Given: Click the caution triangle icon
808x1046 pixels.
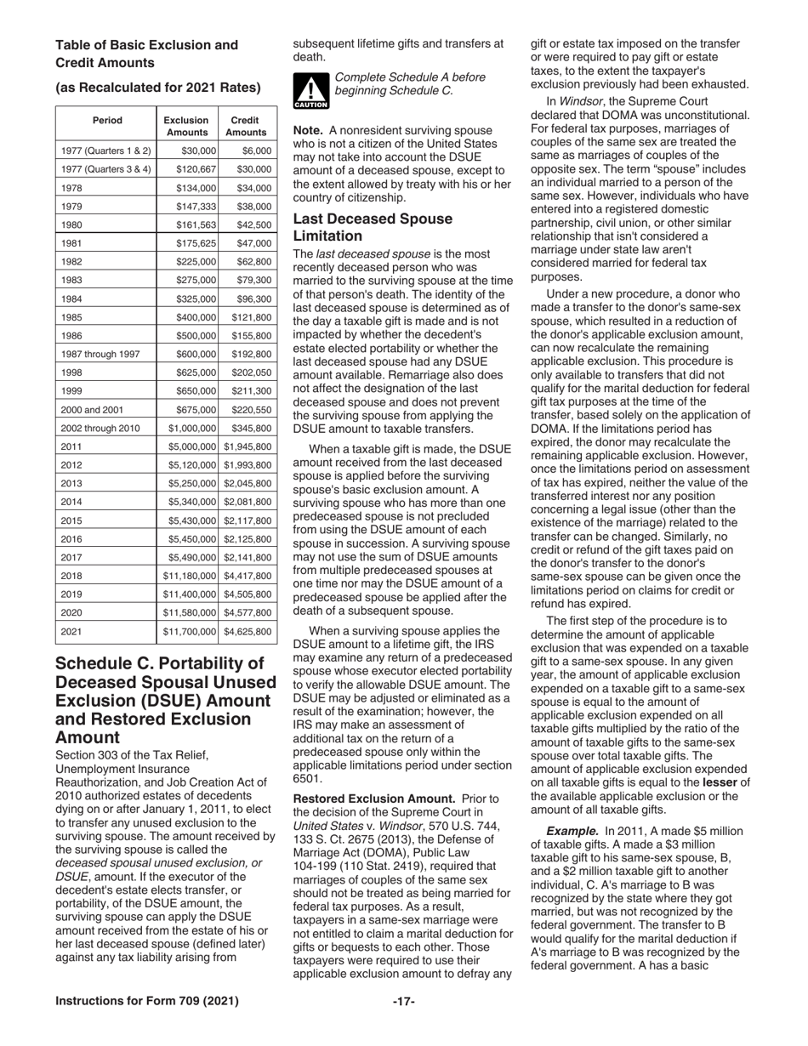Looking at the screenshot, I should [x=305, y=91].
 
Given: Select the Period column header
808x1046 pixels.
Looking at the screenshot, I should [x=106, y=121].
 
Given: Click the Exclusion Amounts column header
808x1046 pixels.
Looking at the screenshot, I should [x=187, y=127].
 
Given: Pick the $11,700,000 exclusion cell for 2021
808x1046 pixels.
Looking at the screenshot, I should [x=187, y=632].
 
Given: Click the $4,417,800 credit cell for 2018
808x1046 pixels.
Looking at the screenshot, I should [x=248, y=577].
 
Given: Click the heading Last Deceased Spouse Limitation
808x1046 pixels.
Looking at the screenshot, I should [x=373, y=227].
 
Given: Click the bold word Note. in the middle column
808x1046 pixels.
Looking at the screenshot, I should [x=308, y=130].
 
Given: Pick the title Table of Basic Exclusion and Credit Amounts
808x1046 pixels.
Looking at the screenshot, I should [x=146, y=53].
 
